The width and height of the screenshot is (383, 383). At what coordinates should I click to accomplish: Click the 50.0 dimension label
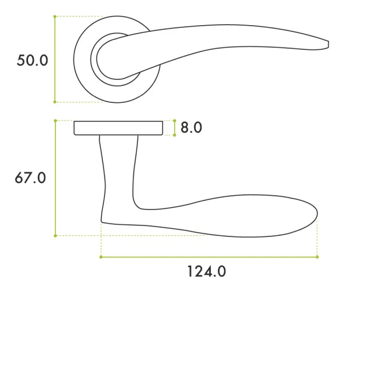pos(32,60)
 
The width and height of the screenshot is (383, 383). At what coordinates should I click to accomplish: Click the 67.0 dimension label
pos(31,178)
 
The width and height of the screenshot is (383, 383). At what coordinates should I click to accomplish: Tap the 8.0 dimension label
pos(191,127)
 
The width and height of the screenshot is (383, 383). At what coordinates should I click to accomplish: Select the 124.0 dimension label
pos(206,271)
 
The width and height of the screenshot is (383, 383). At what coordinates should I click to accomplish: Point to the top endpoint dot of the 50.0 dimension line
pos(55,16)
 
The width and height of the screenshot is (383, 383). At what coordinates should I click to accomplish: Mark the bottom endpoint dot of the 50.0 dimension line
pos(55,102)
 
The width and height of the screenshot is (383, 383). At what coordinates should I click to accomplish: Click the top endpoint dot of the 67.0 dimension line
pos(55,120)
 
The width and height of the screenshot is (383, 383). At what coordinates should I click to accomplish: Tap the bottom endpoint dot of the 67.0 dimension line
pos(55,236)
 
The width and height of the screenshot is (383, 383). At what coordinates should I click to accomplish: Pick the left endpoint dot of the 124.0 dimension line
pos(101,256)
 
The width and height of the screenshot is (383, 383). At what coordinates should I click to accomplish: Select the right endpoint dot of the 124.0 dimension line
pos(317,256)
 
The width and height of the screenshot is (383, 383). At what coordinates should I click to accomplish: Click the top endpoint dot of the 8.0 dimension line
pos(175,120)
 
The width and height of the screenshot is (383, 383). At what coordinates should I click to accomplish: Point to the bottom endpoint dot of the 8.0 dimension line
pos(175,135)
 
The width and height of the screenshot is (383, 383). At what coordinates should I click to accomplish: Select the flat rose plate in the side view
pos(118,127)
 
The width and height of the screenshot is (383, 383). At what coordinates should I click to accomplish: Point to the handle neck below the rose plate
pos(118,164)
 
